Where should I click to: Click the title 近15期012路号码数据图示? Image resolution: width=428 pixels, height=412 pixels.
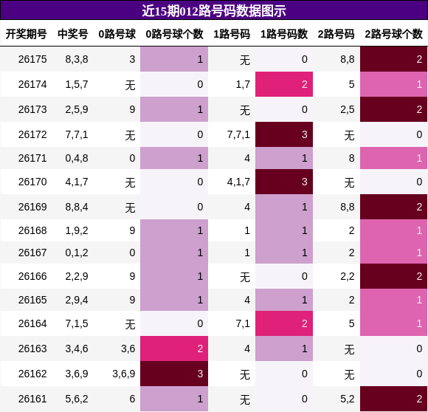[214, 11]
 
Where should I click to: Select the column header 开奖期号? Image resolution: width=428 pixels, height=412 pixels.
[27, 34]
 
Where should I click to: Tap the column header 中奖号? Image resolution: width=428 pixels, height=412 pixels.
[73, 34]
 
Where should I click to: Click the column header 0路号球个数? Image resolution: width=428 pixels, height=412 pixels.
[174, 34]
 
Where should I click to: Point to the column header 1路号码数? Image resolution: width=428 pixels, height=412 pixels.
[284, 34]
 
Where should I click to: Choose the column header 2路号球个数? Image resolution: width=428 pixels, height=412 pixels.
[393, 34]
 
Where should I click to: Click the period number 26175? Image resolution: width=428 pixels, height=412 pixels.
[32, 59]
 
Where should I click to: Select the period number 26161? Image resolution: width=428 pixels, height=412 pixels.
[32, 399]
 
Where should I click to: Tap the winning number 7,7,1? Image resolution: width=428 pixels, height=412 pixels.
[77, 134]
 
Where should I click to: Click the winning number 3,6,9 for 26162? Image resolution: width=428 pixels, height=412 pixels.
[77, 374]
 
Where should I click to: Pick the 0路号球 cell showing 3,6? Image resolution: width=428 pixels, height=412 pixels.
[128, 349]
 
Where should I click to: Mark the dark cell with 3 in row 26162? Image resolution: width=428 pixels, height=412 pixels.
[174, 374]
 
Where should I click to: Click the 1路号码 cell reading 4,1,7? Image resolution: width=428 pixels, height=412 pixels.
[238, 182]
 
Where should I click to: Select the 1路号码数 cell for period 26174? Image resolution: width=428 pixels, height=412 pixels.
[284, 84]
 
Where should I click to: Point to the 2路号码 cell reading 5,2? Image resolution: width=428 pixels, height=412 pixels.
[348, 399]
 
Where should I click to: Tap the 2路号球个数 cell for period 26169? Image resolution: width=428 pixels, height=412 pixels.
[393, 207]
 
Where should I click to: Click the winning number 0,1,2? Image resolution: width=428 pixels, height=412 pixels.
[77, 253]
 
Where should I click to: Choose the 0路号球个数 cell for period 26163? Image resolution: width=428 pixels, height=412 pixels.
[174, 349]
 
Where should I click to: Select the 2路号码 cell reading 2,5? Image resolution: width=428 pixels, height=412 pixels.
[348, 109]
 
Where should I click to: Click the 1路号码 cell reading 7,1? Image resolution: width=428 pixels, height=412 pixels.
[243, 323]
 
